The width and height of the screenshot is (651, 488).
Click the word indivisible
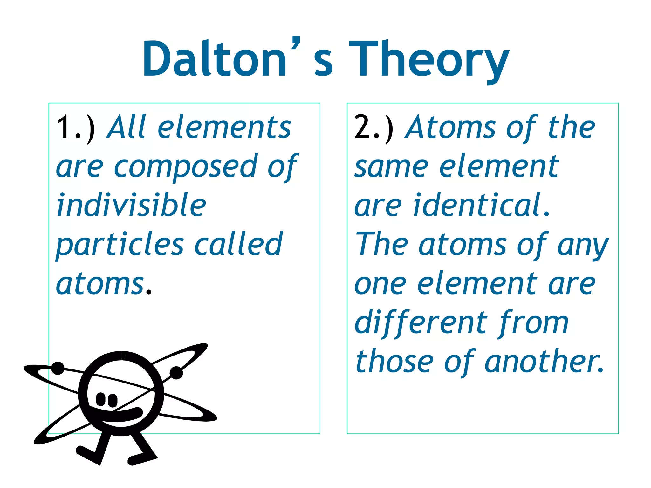[131, 206]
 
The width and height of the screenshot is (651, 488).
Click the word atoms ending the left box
[100, 284]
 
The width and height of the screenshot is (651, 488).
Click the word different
[421, 323]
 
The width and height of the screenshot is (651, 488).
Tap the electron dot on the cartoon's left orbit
[58, 368]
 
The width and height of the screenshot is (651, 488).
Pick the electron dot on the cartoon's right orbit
[176, 373]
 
